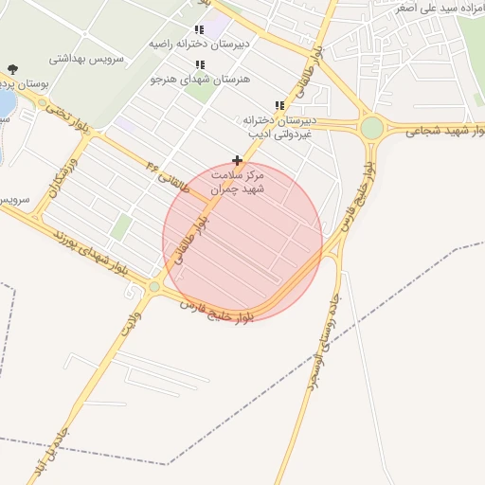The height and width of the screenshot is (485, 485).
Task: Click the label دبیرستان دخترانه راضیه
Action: pyautogui.click(x=200, y=44)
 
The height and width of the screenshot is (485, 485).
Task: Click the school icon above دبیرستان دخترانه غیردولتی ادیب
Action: pyautogui.click(x=278, y=105)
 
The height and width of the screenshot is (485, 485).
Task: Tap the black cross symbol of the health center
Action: pyautogui.click(x=237, y=161)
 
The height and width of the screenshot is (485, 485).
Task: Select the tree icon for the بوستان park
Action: pyautogui.click(x=12, y=68)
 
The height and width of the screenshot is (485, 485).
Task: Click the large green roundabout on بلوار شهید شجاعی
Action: pyautogui.click(x=372, y=127)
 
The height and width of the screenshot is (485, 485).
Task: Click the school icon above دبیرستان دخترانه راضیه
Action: pyautogui.click(x=199, y=29)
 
